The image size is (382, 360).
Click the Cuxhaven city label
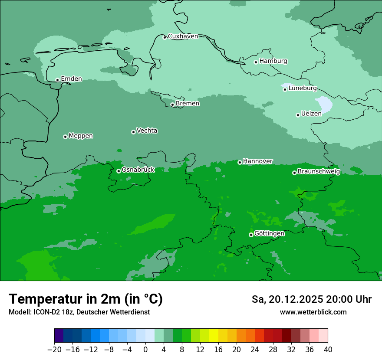(183, 36)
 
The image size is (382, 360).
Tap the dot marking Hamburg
(256, 62)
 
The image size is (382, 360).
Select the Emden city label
(71, 79)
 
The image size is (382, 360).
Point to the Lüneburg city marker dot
(285, 89)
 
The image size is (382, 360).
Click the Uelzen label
(311, 114)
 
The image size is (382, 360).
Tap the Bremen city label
(188, 104)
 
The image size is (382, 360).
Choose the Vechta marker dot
(133, 132)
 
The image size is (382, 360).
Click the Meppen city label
(81, 136)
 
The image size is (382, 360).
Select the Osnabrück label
(138, 170)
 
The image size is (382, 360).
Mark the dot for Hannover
(240, 162)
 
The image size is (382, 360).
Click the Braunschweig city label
(319, 171)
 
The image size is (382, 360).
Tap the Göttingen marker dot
(251, 235)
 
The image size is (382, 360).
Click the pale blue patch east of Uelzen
(324, 105)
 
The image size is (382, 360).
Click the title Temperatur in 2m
(86, 299)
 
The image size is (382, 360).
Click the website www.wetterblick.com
(313, 312)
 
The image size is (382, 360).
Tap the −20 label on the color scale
(55, 350)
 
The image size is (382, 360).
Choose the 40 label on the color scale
(328, 350)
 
